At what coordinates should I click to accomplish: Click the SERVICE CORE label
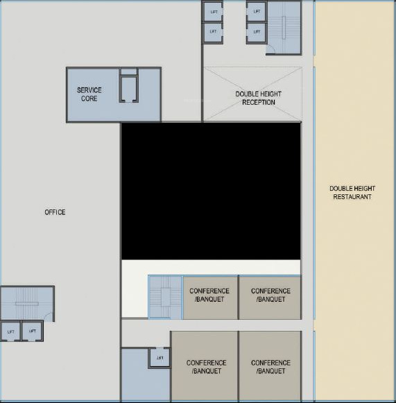coord(89,94)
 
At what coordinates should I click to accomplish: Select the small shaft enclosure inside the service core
coord(129,87)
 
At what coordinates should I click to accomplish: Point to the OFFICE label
coord(55,212)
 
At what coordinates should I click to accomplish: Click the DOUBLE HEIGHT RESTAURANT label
coord(350,193)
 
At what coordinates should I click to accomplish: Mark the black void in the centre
coord(211,191)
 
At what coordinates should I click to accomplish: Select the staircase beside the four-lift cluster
coord(284,26)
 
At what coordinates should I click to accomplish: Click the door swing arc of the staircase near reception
coord(272,49)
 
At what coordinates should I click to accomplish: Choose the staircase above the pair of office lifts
coord(26,304)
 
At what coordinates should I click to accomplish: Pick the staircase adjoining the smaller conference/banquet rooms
coord(165,298)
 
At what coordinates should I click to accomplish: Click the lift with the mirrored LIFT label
coord(160,358)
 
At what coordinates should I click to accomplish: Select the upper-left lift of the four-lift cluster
coord(213,12)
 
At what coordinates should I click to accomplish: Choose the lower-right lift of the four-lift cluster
coord(257,32)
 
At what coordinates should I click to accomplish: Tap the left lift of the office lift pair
coord(10,332)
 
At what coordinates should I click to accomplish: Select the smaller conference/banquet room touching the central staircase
coord(210,297)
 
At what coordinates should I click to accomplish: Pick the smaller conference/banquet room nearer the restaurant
coord(270,297)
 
